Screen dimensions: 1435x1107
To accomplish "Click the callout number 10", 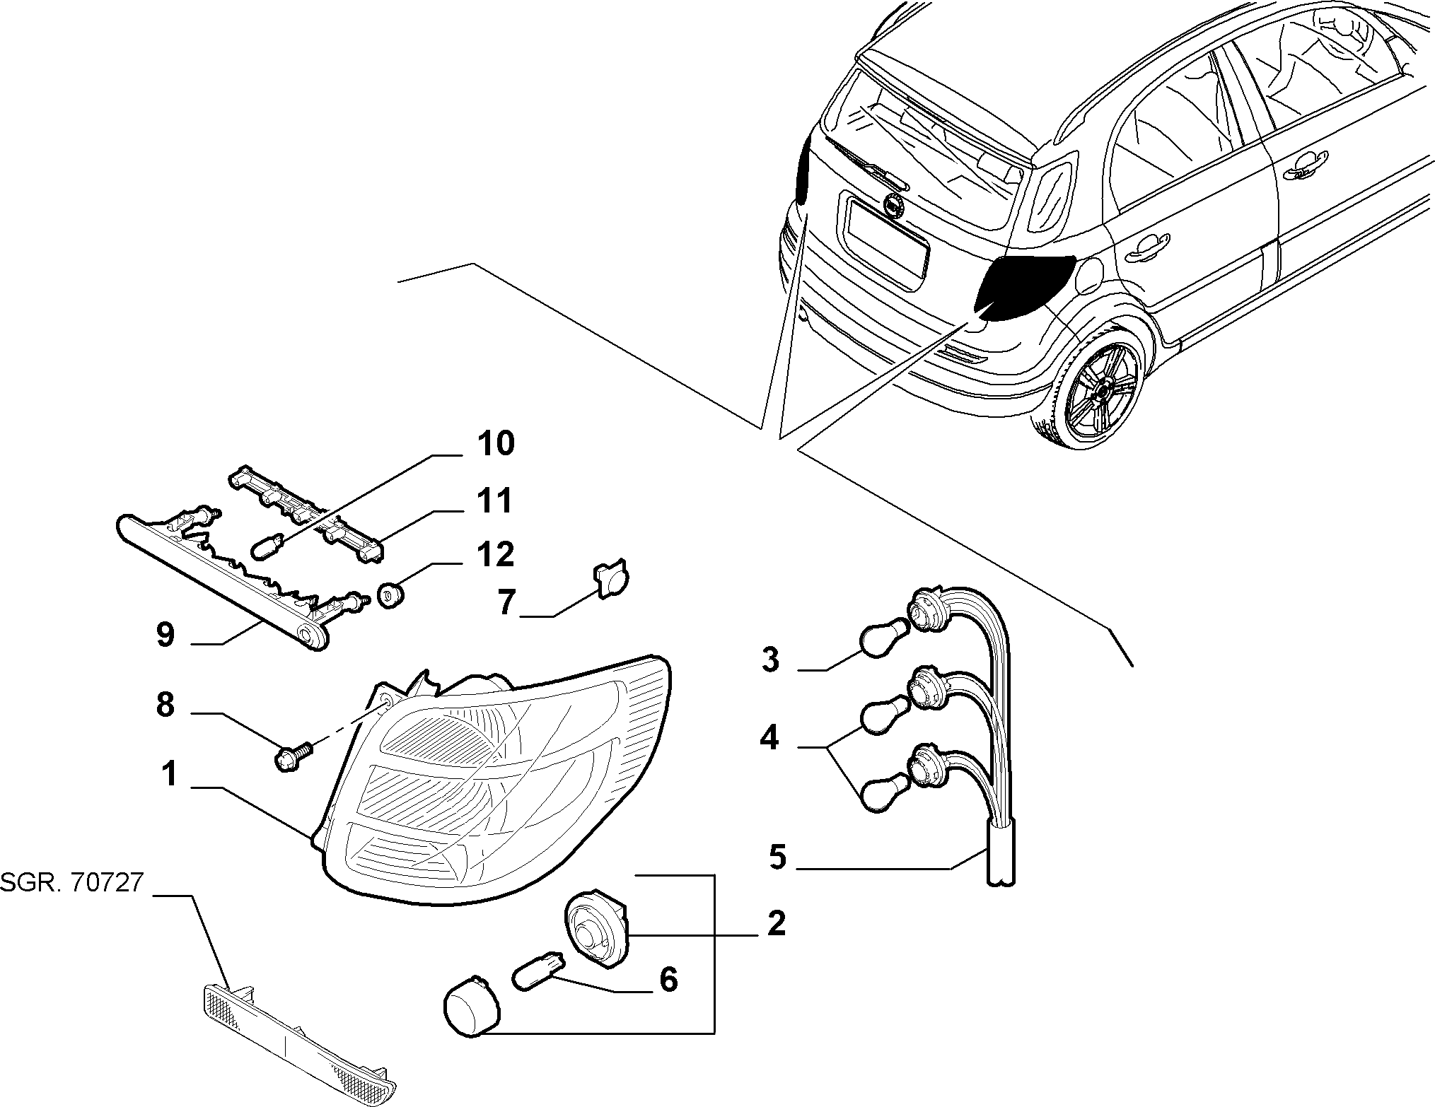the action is pyautogui.click(x=495, y=444).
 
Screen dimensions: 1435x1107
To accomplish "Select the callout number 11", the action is pyautogui.click(x=493, y=501).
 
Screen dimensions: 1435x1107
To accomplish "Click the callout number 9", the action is pyautogui.click(x=164, y=635).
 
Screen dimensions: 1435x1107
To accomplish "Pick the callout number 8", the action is pyautogui.click(x=165, y=705).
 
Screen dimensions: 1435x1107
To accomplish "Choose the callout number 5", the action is pyautogui.click(x=777, y=857).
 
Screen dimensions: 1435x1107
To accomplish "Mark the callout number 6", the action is pyautogui.click(x=668, y=980).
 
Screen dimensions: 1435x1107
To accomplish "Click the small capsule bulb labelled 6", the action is pyautogui.click(x=539, y=962).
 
